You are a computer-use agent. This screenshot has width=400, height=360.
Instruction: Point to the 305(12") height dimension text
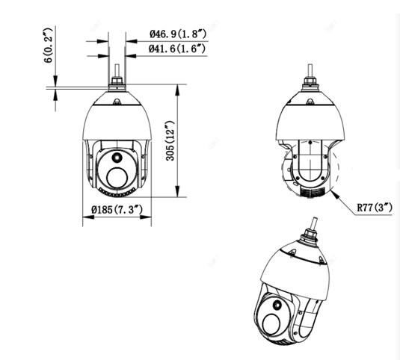coord(170,143)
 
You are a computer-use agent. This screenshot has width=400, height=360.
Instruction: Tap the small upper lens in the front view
coord(117,157)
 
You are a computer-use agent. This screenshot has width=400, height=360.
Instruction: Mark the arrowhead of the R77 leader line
coord(336,191)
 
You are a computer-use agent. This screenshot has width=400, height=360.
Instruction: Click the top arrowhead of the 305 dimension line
coord(178,89)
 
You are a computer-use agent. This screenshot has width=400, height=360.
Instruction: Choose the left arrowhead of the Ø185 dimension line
coord(82,219)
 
